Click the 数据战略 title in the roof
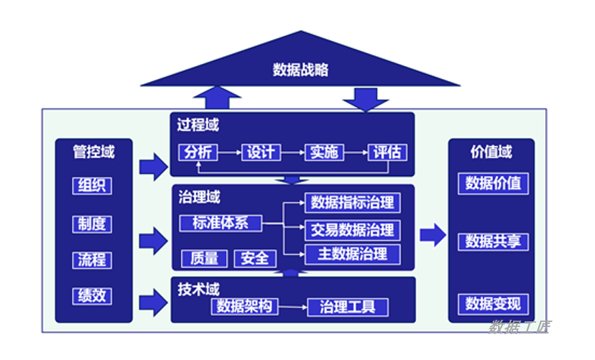300,70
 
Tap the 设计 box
259,152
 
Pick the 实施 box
323,152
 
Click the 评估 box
387,152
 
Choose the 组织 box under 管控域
92,185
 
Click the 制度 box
92,223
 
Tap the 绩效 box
92,295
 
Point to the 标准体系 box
220,223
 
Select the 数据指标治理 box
352,203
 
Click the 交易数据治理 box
352,230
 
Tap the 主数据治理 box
352,254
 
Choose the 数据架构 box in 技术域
245,307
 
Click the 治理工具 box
347,307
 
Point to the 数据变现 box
493,303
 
